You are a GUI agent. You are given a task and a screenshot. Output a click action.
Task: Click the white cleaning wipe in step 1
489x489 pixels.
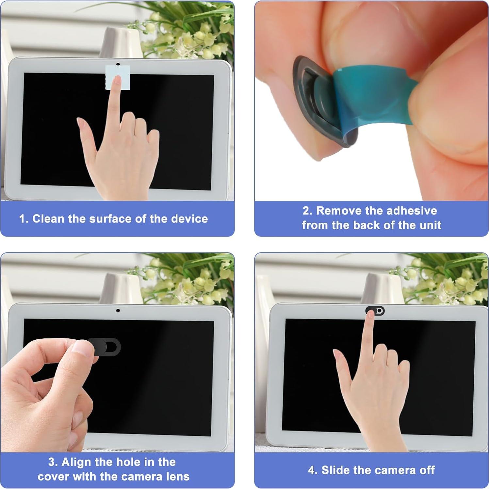click(x=118, y=77)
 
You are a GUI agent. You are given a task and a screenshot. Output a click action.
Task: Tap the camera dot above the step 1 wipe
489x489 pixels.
click(x=118, y=64)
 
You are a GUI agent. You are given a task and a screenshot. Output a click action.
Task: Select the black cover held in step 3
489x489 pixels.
click(x=106, y=347)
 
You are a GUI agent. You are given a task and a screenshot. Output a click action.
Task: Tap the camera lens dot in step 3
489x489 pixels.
click(x=118, y=310)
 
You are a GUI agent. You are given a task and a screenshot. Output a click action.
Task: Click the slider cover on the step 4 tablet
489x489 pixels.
click(x=375, y=311)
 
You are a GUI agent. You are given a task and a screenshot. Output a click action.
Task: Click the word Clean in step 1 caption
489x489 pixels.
click(x=48, y=219)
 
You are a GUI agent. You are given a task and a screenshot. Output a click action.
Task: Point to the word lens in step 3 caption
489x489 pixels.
click(x=178, y=477)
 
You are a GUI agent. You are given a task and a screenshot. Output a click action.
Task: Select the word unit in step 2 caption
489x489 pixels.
click(x=431, y=225)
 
